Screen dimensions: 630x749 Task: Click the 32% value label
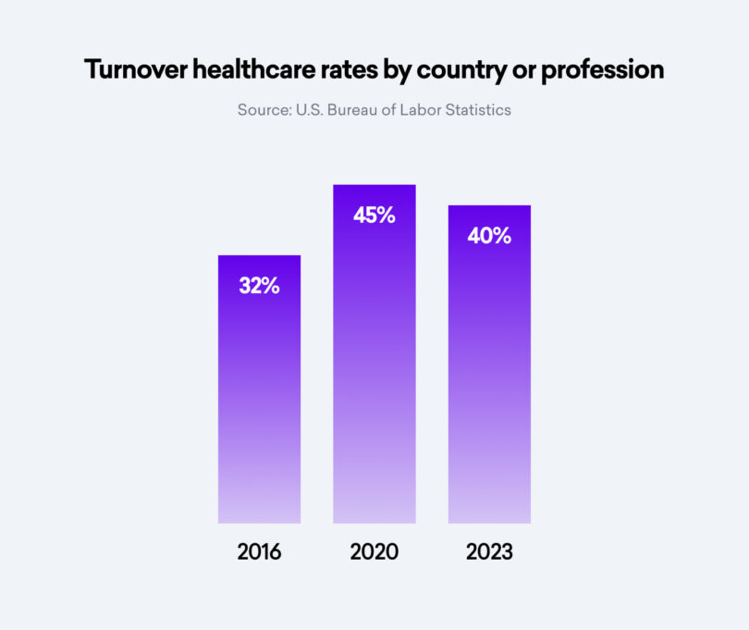259,286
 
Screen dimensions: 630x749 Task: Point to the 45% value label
374,216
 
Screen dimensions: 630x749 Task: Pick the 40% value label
489,236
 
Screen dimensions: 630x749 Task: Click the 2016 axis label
259,552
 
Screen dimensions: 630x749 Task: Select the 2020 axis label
374,552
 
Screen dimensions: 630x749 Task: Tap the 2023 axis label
489,552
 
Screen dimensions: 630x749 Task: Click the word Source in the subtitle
263,110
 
